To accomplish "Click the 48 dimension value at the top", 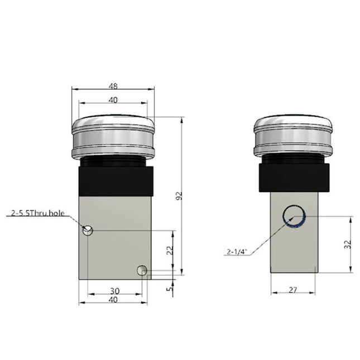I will pos(113,87).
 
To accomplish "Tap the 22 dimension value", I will pos(171,251).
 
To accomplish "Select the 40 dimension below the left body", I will pos(113,300).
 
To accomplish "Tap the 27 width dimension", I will pos(294,289).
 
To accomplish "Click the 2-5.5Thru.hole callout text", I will pos(38,213).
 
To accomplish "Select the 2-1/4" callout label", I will pos(237,252).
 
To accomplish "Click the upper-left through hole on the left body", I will pos(87,230).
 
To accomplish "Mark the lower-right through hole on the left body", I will pos(142,271).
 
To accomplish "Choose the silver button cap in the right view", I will pos(294,136).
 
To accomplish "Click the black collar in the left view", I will pos(113,177).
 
